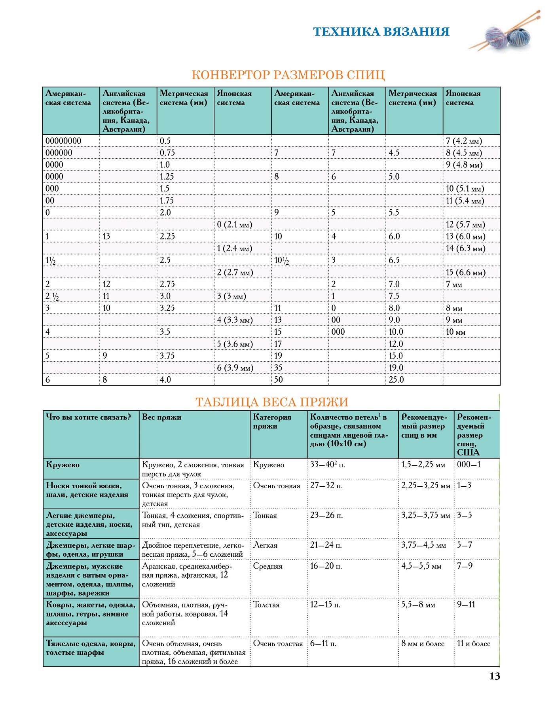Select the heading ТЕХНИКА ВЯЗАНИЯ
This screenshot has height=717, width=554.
[x=381, y=32]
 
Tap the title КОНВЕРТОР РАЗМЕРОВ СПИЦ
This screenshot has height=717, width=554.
[x=288, y=75]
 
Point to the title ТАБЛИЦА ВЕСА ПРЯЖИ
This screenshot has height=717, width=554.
[x=272, y=402]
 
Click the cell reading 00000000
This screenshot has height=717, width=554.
[x=63, y=141]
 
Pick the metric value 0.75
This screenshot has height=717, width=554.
[x=167, y=153]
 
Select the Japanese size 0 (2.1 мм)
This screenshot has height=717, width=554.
[x=235, y=225]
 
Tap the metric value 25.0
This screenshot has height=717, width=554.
[x=396, y=379]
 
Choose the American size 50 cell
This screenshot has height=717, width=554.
[x=279, y=379]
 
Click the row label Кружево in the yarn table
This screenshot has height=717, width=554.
[x=63, y=465]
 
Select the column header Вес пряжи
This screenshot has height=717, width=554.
[x=161, y=417]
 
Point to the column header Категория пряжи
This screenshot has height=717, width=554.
[x=272, y=421]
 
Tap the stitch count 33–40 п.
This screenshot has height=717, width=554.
[x=327, y=465]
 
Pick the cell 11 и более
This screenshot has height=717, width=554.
[x=474, y=644]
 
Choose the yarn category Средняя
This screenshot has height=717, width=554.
[x=268, y=566]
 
